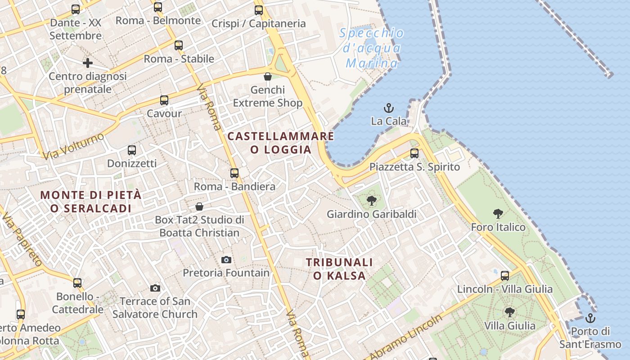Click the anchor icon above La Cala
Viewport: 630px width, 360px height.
[388, 108]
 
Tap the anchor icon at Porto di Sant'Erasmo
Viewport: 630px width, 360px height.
[590, 319]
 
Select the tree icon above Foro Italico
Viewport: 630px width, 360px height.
[498, 214]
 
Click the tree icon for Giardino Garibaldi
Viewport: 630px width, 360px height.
[371, 201]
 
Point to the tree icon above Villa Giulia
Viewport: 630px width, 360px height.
[509, 312]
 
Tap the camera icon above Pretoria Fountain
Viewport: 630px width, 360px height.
[226, 260]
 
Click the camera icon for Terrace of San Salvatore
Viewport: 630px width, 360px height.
[155, 288]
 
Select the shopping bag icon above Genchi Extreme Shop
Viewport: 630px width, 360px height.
[268, 76]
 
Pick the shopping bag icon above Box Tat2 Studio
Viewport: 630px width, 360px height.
[199, 207]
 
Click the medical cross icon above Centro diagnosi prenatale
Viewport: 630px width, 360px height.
[88, 63]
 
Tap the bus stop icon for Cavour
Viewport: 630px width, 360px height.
[164, 100]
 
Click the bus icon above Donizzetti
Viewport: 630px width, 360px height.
[132, 150]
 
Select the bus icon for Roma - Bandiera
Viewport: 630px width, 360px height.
[234, 173]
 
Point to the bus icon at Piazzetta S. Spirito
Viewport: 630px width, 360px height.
[414, 153]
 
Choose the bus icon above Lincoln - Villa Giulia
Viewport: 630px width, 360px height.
[505, 275]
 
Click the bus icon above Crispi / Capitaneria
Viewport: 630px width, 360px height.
[258, 10]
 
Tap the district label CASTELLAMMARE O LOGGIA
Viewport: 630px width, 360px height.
[281, 143]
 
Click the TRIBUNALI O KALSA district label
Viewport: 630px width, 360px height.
[340, 269]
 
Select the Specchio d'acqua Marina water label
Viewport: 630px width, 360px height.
[372, 48]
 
